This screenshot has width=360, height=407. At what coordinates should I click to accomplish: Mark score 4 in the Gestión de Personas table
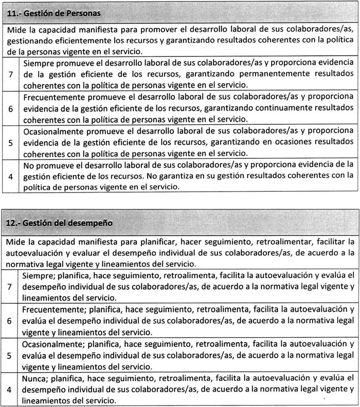tap(11, 176)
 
